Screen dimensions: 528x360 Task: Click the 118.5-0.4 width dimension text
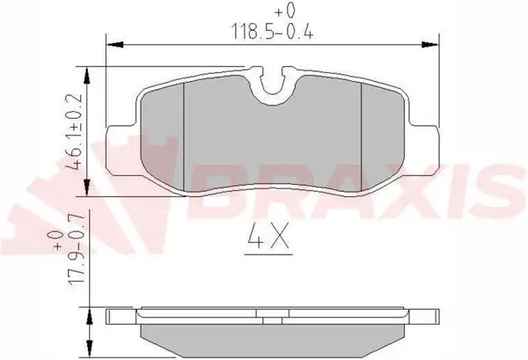pyautogui.click(x=271, y=33)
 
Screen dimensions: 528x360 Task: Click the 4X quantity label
pyautogui.click(x=268, y=236)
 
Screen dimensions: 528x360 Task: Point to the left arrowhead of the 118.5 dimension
pyautogui.click(x=114, y=45)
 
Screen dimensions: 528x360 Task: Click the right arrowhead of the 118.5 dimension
pyautogui.click(x=430, y=45)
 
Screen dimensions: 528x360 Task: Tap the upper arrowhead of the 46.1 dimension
pyautogui.click(x=87, y=76)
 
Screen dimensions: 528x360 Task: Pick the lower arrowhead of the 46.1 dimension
pyautogui.click(x=87, y=187)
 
